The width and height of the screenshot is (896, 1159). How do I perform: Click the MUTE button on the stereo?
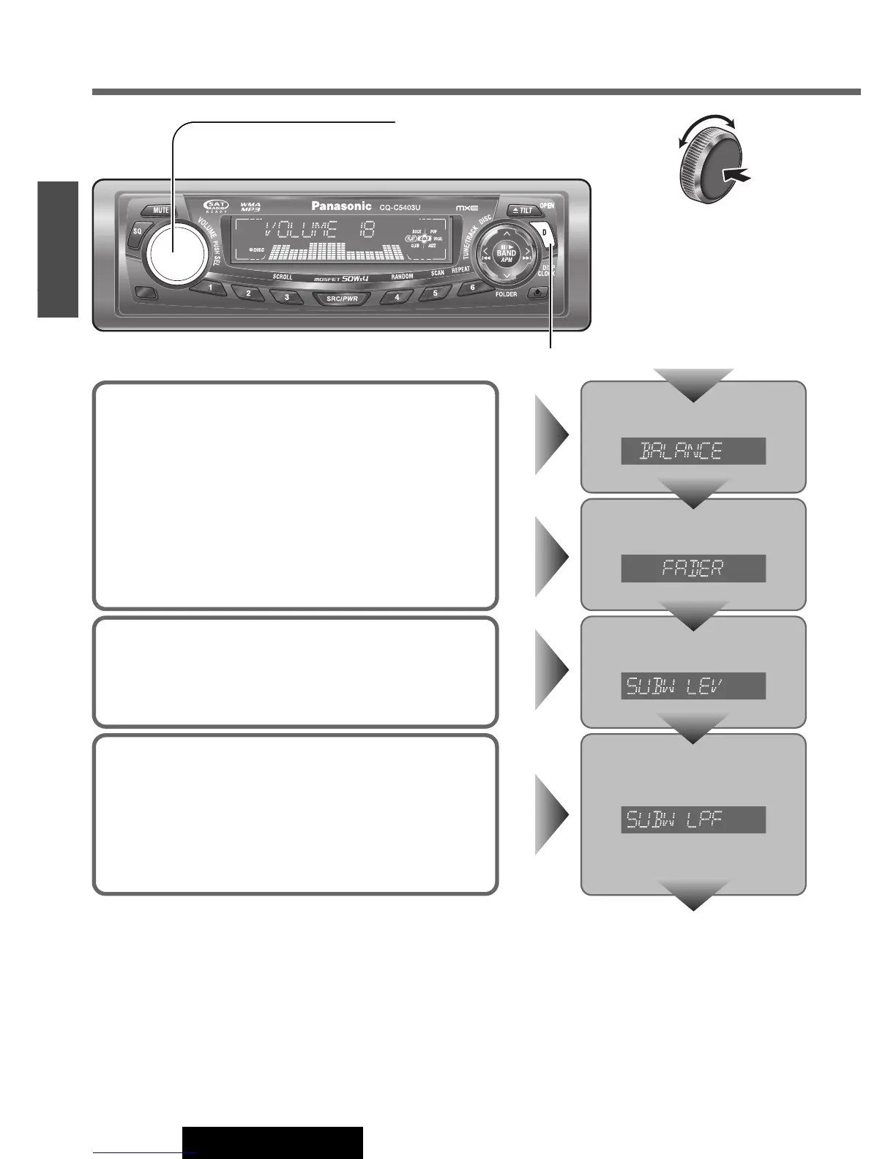pyautogui.click(x=160, y=210)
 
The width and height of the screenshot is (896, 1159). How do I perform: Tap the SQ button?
pyautogui.click(x=137, y=231)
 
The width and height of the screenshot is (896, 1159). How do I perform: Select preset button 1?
pyautogui.click(x=210, y=288)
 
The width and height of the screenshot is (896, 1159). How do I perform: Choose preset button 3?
pyautogui.click(x=286, y=298)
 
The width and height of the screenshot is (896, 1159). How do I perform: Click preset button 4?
pyautogui.click(x=397, y=298)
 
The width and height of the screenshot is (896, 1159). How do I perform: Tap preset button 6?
pyautogui.click(x=472, y=288)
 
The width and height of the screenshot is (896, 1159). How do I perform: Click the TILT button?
pyautogui.click(x=522, y=210)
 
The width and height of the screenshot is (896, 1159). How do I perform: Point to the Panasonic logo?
pyautogui.click(x=342, y=206)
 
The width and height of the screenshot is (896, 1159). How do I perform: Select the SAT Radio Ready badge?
pyautogui.click(x=217, y=207)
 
